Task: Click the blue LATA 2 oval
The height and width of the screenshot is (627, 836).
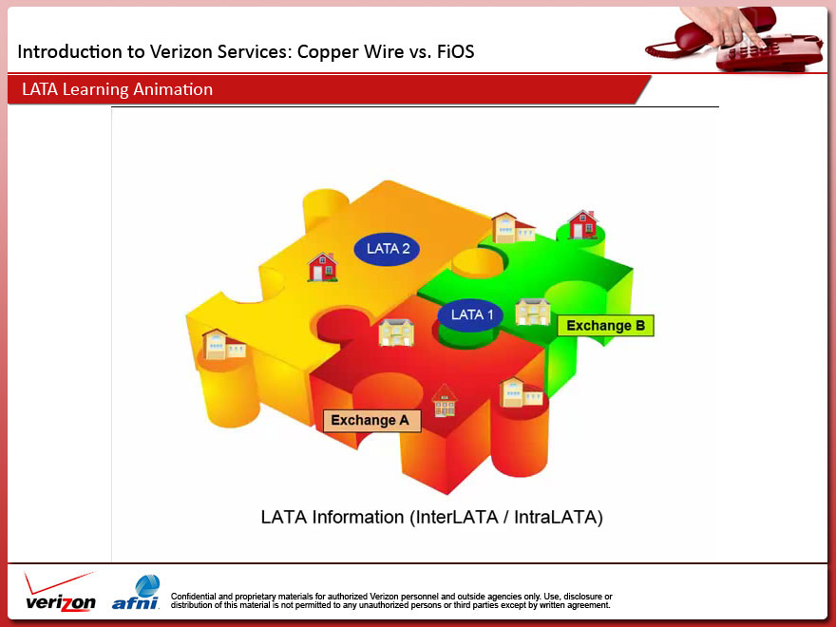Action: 388,249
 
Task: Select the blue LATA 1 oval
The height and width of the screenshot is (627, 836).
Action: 471,314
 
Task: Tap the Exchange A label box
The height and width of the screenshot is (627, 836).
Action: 371,420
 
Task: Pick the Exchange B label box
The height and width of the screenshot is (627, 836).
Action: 605,326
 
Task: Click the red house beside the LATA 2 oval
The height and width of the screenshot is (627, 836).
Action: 323,267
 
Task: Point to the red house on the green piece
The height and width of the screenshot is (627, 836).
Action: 582,225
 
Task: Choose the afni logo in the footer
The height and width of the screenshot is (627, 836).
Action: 137,593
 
